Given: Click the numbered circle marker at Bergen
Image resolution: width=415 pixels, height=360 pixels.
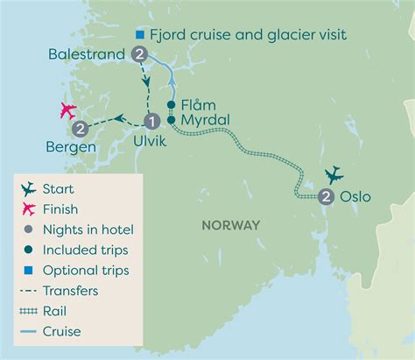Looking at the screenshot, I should (x=80, y=130).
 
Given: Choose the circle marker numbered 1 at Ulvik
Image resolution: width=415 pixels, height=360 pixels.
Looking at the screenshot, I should (x=151, y=122).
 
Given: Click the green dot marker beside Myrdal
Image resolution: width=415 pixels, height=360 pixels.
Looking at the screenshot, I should (x=173, y=120).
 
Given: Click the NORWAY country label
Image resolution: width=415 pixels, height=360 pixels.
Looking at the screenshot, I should (x=230, y=225).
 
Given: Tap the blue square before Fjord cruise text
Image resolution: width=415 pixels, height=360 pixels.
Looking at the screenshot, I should (x=138, y=34).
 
